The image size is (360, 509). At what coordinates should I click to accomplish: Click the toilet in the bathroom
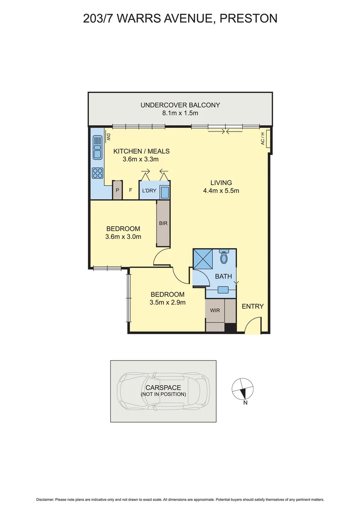click(224, 257)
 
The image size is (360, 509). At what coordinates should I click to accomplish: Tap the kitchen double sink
click(98, 147)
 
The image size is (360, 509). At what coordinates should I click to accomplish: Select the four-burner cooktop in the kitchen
click(98, 172)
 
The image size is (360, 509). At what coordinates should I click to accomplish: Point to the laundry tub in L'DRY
click(165, 193)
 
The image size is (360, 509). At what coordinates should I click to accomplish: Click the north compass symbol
click(243, 389)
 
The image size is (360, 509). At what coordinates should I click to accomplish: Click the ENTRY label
click(253, 306)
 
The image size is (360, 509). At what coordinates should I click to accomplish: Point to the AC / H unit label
click(262, 140)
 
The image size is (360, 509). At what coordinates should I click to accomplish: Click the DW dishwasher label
click(108, 137)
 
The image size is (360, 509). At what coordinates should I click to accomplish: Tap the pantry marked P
click(117, 190)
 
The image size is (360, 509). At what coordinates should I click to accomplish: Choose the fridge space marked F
click(130, 190)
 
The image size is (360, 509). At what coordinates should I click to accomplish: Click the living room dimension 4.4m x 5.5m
click(221, 191)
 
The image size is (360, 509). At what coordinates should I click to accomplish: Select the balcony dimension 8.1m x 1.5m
click(180, 113)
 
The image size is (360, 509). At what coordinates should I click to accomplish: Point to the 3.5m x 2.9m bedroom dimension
click(167, 303)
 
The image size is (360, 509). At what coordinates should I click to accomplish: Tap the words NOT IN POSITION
click(163, 394)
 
